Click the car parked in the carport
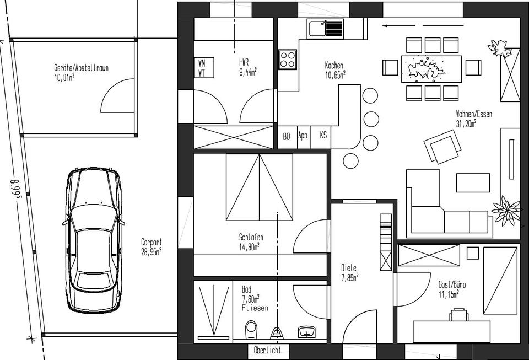(94, 240)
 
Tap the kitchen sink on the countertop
(325, 29)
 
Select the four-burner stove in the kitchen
(288, 60)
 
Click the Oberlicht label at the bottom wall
(267, 350)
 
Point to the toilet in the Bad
(251, 330)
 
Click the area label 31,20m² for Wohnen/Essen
(466, 123)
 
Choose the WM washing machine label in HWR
(202, 63)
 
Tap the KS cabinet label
(323, 135)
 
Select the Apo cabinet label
(303, 135)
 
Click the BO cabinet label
(287, 136)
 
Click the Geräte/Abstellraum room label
(82, 68)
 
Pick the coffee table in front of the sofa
(473, 182)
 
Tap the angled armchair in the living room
(442, 147)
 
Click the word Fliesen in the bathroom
(255, 308)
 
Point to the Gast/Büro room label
(452, 284)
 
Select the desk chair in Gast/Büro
(459, 314)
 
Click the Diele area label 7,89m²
(349, 278)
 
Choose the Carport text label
(152, 242)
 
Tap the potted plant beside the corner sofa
(506, 211)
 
